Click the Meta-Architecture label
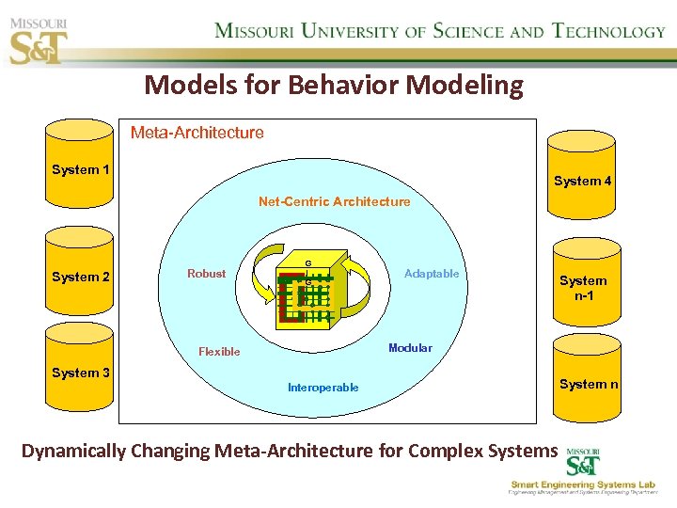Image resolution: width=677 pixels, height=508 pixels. coord(197,133)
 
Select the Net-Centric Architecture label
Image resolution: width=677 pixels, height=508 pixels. coord(334,201)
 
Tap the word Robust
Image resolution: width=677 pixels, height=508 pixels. coord(206,274)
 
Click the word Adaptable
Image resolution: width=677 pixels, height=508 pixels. coord(432,274)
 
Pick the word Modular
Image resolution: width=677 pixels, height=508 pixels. coord(410,348)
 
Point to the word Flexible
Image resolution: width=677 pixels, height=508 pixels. coord(219,352)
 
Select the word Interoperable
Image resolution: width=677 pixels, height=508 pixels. coord(323,388)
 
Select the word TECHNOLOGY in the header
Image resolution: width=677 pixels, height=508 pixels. coord(608,31)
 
